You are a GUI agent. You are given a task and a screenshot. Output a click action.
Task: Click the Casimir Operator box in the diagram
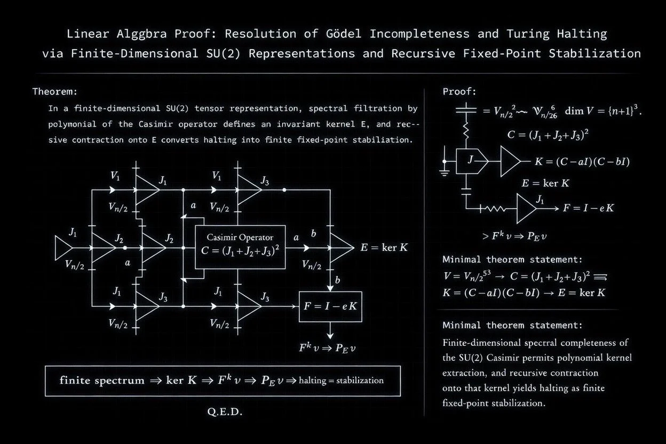click(240, 247)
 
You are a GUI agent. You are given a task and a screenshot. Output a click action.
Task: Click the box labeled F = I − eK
click(330, 306)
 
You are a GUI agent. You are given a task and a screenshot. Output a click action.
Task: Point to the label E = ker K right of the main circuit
click(384, 248)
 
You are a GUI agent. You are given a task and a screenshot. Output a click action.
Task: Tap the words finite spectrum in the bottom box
click(102, 380)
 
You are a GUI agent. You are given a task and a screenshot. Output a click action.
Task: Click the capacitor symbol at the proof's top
click(466, 111)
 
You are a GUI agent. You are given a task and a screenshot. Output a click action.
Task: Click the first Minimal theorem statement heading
click(512, 260)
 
